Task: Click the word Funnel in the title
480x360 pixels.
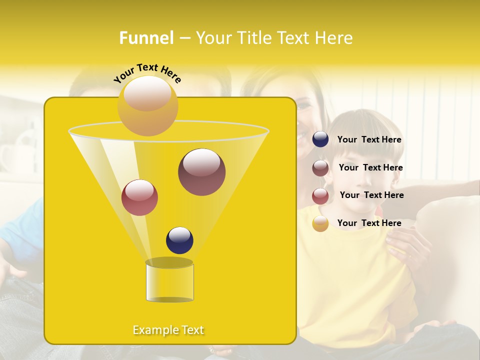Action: (146, 38)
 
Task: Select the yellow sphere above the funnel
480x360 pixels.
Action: (147, 105)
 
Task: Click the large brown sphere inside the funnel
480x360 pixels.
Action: (201, 172)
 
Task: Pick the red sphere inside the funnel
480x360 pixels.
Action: (139, 197)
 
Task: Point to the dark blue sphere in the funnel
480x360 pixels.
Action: (179, 240)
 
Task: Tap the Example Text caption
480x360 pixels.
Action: (168, 330)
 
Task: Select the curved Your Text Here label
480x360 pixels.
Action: (147, 72)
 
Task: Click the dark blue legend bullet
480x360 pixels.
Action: (320, 139)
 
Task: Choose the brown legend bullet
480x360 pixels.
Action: (320, 168)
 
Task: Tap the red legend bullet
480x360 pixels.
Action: (320, 196)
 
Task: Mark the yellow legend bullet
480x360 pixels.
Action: (320, 223)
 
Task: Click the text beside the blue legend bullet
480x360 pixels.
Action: (369, 140)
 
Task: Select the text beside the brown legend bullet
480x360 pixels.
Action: (370, 168)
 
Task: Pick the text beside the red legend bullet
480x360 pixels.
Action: (371, 195)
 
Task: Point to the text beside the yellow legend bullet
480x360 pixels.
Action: (369, 223)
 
